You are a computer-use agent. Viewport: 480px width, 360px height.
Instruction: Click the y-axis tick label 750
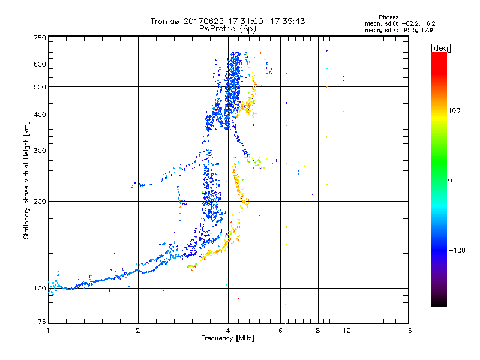[39, 37]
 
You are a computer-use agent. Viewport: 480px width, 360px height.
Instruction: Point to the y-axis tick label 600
[39, 64]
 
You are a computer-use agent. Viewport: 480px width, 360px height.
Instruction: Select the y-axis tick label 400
[39, 115]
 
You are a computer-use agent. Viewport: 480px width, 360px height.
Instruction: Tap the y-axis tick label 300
[39, 151]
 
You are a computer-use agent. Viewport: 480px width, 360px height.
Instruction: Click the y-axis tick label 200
[39, 202]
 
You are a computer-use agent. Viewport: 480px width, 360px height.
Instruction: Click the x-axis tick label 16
[407, 331]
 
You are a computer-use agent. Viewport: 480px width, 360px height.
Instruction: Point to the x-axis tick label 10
[346, 331]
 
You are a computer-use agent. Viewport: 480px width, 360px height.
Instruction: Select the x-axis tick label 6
[281, 331]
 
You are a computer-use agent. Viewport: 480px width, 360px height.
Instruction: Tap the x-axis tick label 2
[138, 331]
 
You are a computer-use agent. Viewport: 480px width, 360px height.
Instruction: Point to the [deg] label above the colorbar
[441, 47]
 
